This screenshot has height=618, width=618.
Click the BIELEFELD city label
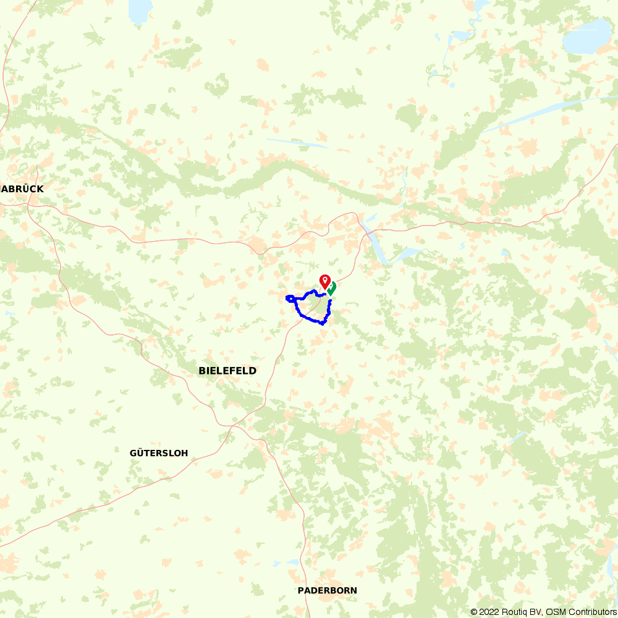[x=227, y=371]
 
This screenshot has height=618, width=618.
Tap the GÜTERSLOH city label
[x=159, y=453]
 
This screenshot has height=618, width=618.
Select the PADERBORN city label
[x=327, y=590]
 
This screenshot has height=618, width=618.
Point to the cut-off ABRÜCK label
[x=23, y=188]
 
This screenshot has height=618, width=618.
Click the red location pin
[x=324, y=281]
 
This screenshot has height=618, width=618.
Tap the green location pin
[x=332, y=287]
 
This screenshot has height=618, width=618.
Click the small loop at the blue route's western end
[x=289, y=299]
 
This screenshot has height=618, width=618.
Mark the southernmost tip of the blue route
[x=323, y=323]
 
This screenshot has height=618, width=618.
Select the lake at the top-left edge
[x=140, y=9]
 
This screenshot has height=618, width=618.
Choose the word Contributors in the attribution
[x=591, y=612]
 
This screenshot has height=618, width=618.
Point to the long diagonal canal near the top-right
[x=544, y=111]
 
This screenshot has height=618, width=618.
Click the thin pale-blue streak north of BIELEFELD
[x=297, y=143]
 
